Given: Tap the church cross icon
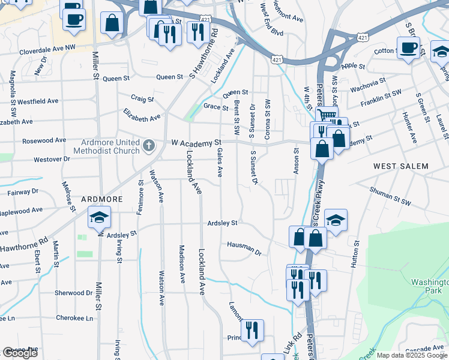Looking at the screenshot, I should [x=149, y=145].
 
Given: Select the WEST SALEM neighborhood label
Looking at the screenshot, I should [x=401, y=166].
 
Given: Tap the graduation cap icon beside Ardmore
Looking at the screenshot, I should [x=99, y=217].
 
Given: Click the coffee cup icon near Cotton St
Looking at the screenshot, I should [x=408, y=47].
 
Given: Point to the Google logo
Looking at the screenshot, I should [x=20, y=353].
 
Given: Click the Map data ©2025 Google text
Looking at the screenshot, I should [x=411, y=355].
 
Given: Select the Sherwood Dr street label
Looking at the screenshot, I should [x=74, y=293].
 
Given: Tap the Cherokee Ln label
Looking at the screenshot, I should [x=74, y=318].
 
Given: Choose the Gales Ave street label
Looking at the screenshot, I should [x=220, y=163].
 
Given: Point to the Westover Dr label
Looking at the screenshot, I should [x=52, y=160].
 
